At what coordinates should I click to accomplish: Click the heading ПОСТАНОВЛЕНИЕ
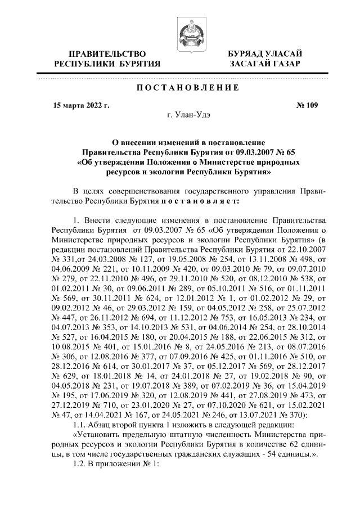click(x=180, y=88)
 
